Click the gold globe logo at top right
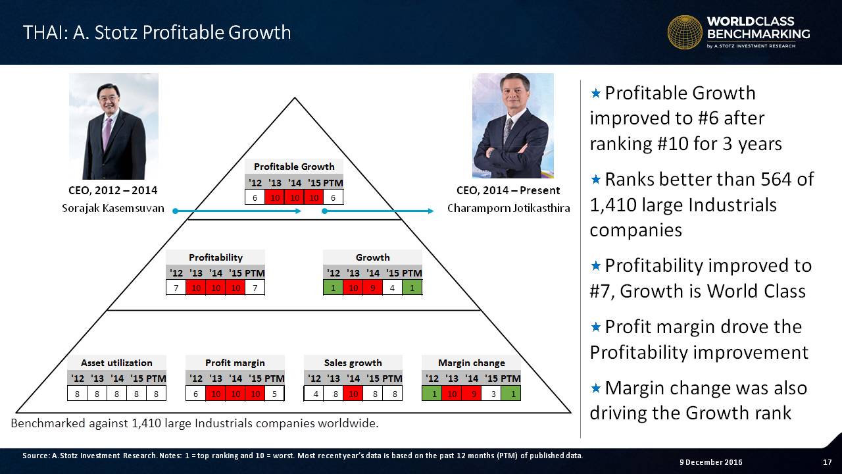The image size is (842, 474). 685,32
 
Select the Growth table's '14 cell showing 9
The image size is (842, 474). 372,288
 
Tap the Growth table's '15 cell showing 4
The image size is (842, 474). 392,288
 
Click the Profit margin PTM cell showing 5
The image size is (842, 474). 274,394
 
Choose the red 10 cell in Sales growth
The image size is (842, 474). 353,394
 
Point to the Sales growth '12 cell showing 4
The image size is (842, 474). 314,394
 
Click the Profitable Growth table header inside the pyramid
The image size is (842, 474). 294,167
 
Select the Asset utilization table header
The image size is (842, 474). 116,363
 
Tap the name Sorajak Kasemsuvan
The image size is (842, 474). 112,208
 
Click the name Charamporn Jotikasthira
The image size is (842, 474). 508,208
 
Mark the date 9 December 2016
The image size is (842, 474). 711,462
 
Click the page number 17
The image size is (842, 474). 828,462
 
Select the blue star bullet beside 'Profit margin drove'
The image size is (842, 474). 596,327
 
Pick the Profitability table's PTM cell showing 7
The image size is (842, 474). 255,288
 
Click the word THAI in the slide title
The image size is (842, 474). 44,32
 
